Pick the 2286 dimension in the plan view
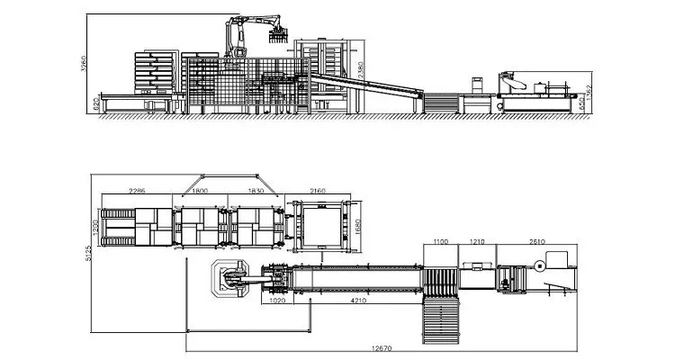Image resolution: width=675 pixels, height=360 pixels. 138,191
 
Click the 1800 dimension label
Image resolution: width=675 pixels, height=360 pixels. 200,191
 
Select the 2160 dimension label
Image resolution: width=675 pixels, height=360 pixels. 318,191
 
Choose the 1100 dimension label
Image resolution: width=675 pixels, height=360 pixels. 441,241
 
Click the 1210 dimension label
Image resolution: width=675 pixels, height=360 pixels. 476,241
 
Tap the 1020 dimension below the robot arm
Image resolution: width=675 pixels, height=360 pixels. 278,302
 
